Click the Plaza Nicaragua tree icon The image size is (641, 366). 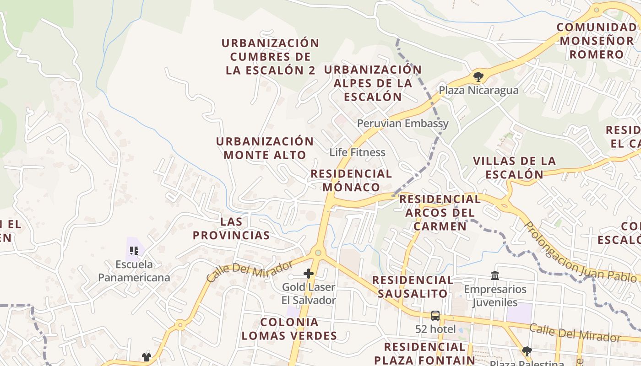pyautogui.click(x=478, y=76)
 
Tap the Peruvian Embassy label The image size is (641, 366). pyautogui.click(x=402, y=124)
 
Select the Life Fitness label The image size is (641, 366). pyautogui.click(x=357, y=152)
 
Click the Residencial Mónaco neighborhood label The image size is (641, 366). pyautogui.click(x=351, y=180)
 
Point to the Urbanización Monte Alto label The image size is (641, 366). pyautogui.click(x=265, y=148)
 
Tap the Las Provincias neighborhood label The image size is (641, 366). pyautogui.click(x=231, y=228)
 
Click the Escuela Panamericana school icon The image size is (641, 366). pyautogui.click(x=134, y=250)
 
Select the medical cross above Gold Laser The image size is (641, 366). pyautogui.click(x=309, y=274)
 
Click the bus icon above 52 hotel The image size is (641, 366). pyautogui.click(x=435, y=315)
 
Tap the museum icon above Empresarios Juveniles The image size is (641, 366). pyautogui.click(x=495, y=276)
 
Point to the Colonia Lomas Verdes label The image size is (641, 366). pyautogui.click(x=289, y=328)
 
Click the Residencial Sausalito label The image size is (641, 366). pyautogui.click(x=413, y=286)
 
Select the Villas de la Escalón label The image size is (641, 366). pyautogui.click(x=514, y=167)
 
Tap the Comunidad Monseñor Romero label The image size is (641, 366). pyautogui.click(x=597, y=41)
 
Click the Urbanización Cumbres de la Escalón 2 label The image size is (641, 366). pyautogui.click(x=270, y=56)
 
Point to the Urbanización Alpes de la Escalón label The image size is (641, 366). pyautogui.click(x=373, y=83)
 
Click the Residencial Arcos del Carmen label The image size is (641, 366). pyautogui.click(x=440, y=212)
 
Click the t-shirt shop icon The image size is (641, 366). pyautogui.click(x=146, y=357)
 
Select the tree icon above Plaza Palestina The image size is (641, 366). pyautogui.click(x=527, y=351)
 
